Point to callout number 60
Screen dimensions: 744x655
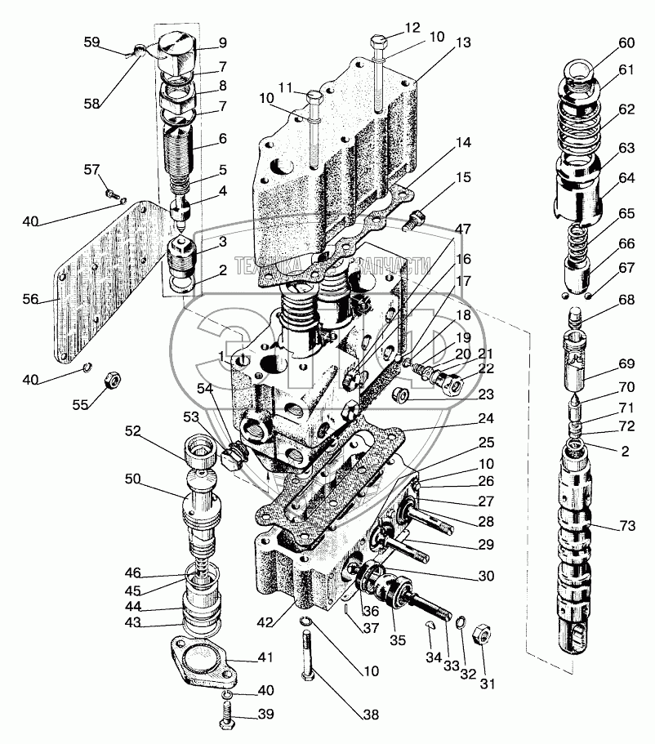[x=626, y=42]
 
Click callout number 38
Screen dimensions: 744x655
[x=372, y=715]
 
